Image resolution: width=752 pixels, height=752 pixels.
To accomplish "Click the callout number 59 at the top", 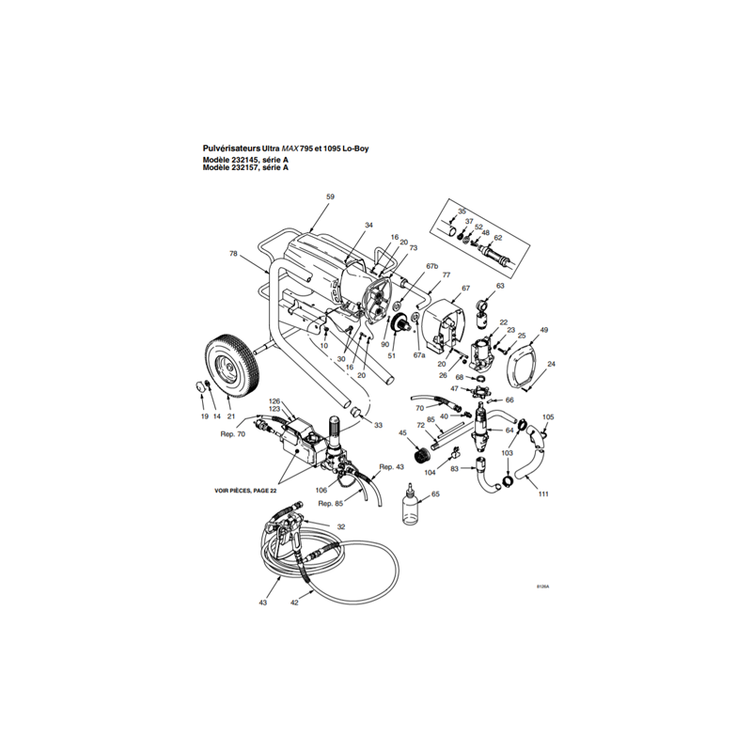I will (x=330, y=196).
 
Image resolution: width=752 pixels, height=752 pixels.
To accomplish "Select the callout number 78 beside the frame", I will (x=233, y=254).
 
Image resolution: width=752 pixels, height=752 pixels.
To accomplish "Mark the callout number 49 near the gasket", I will (x=543, y=330).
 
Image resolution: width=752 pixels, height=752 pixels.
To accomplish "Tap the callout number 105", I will (x=549, y=416).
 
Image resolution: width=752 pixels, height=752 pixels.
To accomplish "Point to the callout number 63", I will (x=500, y=285).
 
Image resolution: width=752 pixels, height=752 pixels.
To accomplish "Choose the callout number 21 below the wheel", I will (x=230, y=415).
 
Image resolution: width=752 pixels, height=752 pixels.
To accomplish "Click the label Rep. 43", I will (x=391, y=467).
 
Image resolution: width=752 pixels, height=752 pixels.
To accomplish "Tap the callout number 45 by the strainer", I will (x=402, y=433).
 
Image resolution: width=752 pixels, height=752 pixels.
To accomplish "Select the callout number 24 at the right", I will (x=551, y=364).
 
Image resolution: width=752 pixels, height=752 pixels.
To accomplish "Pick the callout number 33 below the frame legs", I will (x=378, y=425).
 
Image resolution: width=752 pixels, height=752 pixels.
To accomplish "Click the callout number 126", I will (x=275, y=400).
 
